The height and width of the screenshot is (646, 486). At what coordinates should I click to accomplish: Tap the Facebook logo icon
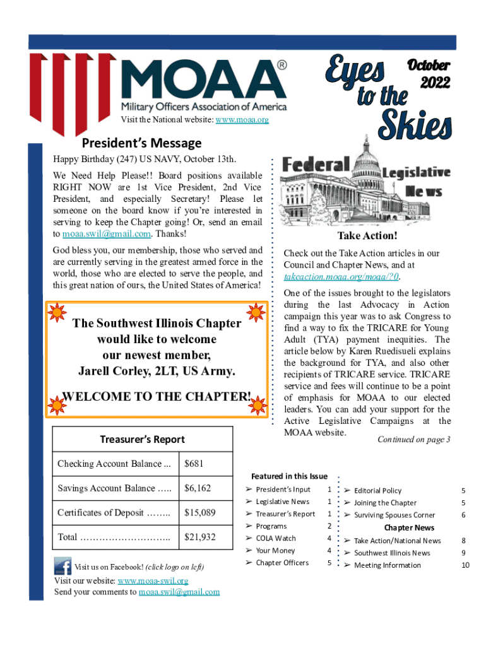point(62,565)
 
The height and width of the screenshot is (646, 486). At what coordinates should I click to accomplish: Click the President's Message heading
point(142,143)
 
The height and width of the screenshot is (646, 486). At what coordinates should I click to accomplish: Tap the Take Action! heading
point(367,236)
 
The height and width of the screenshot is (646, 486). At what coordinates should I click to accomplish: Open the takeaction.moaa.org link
point(341,277)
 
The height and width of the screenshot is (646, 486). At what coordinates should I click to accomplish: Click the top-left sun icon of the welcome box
point(57,311)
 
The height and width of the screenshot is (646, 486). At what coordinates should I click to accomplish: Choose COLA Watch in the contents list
point(276,538)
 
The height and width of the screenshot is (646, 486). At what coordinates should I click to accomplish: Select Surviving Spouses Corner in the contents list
point(394,515)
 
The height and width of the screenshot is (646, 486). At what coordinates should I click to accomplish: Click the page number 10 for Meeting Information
point(465,565)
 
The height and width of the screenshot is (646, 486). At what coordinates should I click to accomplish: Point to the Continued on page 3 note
point(413,439)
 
